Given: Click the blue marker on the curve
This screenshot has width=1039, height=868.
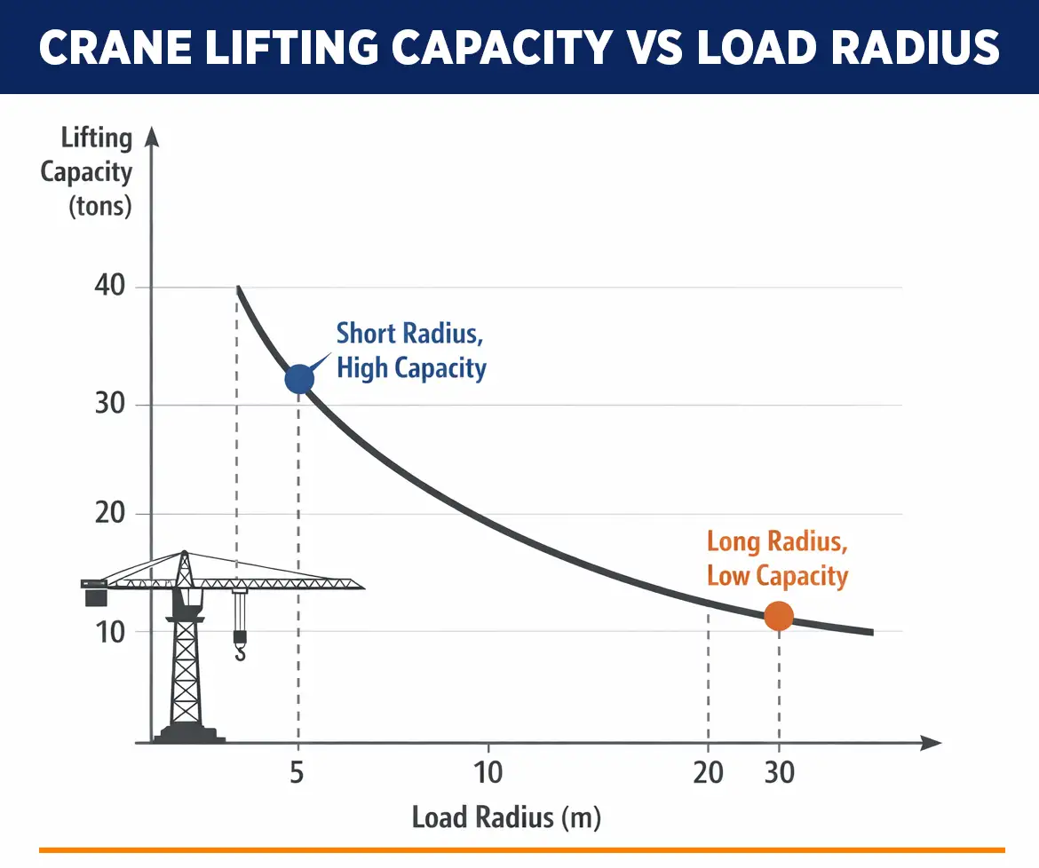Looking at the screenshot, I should pyautogui.click(x=299, y=379).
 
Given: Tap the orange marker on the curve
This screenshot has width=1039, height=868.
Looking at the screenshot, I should pyautogui.click(x=779, y=616).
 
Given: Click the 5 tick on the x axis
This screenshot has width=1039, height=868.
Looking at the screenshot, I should pyautogui.click(x=297, y=773).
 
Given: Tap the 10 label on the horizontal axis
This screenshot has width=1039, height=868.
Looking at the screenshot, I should pyautogui.click(x=488, y=773).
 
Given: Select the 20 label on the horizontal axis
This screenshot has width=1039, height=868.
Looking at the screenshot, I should pyautogui.click(x=708, y=773).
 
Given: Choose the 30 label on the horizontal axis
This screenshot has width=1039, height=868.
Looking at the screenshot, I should pyautogui.click(x=779, y=773).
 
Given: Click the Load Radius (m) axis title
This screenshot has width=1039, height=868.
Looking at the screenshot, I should pyautogui.click(x=506, y=817).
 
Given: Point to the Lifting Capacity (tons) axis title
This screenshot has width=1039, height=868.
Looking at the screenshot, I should pyautogui.click(x=87, y=172).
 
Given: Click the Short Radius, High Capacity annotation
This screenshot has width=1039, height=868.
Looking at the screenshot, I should pyautogui.click(x=411, y=351).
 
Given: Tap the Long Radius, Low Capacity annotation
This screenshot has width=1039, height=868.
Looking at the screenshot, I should pyautogui.click(x=777, y=558).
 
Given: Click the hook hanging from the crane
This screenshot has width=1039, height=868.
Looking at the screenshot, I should pyautogui.click(x=240, y=651).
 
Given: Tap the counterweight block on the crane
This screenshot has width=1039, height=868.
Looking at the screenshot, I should pyautogui.click(x=96, y=597).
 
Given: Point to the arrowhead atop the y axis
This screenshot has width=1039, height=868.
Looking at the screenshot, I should pyautogui.click(x=151, y=136).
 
